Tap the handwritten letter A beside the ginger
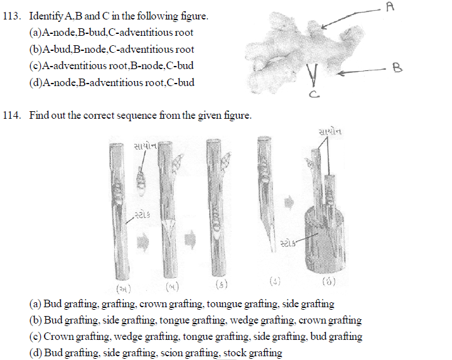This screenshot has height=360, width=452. click(389, 7)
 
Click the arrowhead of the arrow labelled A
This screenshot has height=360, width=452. click(324, 26)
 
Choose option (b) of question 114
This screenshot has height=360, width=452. click(195, 320)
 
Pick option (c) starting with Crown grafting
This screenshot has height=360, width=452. click(196, 337)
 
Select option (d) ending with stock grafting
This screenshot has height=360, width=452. click(156, 353)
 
